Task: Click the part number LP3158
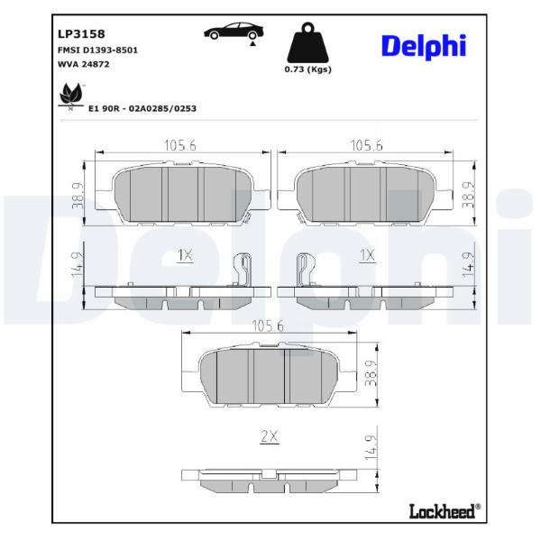[81, 34]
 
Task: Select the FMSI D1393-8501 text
[97, 50]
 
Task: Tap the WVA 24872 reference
[84, 64]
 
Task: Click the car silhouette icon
[234, 32]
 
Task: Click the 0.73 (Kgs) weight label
[307, 69]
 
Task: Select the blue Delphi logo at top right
[424, 47]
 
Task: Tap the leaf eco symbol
[71, 96]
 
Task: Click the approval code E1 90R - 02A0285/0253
[142, 108]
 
